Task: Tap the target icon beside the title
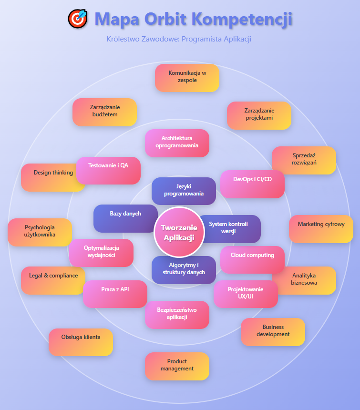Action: (78, 19)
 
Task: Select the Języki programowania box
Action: (184, 190)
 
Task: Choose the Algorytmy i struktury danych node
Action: (184, 269)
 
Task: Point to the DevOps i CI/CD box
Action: (252, 184)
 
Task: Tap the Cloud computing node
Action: (252, 259)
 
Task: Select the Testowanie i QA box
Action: (108, 169)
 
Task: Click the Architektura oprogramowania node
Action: (177, 143)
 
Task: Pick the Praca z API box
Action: (115, 293)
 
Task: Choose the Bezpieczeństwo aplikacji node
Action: (177, 314)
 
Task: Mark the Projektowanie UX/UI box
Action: (246, 294)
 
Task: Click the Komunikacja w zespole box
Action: (187, 77)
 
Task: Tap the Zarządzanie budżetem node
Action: (104, 112)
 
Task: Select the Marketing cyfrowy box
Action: (321, 229)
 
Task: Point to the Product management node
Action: (177, 366)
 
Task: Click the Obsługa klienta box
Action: (81, 341)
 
